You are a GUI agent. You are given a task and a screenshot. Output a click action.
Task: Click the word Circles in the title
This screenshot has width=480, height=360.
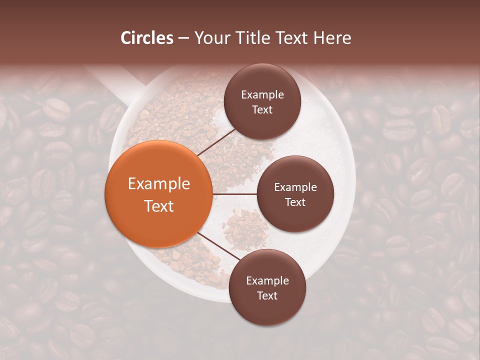coord(147,38)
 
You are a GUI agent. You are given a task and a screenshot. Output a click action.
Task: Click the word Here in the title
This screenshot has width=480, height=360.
coord(332,38)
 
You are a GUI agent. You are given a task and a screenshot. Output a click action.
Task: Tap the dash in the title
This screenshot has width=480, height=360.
coord(183,38)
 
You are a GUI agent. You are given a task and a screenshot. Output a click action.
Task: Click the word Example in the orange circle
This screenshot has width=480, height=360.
coord(159,184)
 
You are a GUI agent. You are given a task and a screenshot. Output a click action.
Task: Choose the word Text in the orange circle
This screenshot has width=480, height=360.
coord(159,206)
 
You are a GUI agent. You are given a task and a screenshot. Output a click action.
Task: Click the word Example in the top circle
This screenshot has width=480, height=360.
coord(262,94)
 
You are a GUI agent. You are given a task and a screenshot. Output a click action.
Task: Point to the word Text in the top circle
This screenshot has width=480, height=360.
coord(262,109)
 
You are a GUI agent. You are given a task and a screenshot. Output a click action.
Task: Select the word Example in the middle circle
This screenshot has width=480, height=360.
coord(295,187)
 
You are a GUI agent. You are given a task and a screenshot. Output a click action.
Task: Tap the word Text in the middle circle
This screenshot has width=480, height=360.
coord(295,202)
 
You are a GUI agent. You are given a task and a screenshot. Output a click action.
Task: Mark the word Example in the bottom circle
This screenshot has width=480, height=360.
coord(267,280)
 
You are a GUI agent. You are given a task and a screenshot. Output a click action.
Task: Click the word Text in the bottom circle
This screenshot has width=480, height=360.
coord(267,295)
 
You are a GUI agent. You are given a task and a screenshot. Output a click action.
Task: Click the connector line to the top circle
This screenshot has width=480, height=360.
coord(217,143)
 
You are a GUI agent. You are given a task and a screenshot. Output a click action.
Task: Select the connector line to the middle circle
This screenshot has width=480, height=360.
coord(234,194)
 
